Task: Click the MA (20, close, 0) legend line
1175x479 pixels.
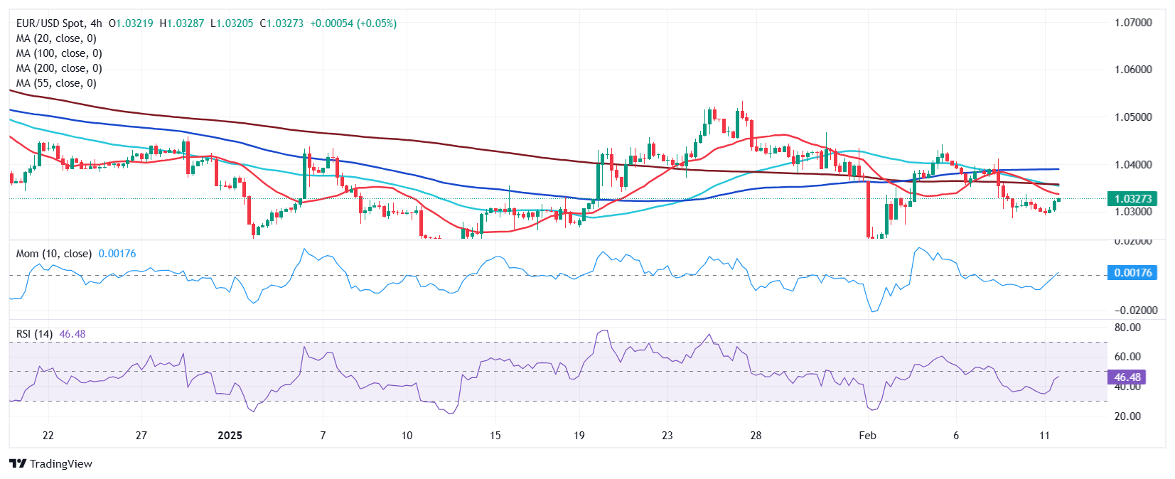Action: tap(56, 38)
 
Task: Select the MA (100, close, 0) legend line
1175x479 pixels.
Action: tap(59, 53)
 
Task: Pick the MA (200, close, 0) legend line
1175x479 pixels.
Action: tap(59, 68)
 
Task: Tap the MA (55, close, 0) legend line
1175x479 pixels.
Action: tap(56, 83)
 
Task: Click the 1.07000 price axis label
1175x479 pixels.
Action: tap(1133, 23)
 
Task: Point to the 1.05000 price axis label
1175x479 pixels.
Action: tap(1133, 117)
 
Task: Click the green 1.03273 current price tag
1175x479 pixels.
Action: tap(1133, 199)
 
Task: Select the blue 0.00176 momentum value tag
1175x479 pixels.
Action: tap(1132, 273)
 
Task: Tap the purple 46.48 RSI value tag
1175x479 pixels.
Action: tap(1127, 377)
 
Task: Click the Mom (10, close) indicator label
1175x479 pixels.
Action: tap(53, 254)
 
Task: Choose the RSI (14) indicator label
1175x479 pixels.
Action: tap(34, 334)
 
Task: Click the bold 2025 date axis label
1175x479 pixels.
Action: tap(230, 436)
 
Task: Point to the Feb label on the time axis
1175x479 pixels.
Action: tap(867, 436)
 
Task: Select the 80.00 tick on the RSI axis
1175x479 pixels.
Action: tap(1127, 328)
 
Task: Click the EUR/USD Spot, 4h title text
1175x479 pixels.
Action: tap(59, 23)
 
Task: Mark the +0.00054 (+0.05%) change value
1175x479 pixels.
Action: tap(353, 23)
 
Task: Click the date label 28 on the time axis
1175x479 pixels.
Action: tap(756, 436)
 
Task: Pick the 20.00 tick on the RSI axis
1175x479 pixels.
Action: tap(1127, 416)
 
